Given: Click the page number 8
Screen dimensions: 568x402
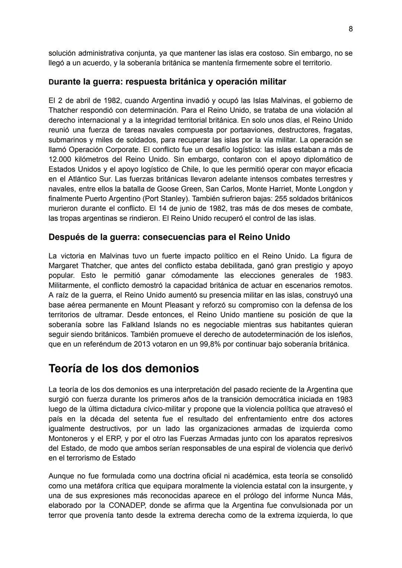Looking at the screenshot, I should click(x=351, y=29).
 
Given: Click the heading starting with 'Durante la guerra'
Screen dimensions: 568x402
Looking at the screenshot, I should click(x=167, y=82).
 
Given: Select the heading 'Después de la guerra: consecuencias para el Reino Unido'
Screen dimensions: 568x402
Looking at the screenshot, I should click(x=169, y=237).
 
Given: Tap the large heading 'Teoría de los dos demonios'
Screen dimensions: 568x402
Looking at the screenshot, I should click(x=124, y=368).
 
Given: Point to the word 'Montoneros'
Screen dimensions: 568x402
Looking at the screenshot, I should click(x=67, y=438).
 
